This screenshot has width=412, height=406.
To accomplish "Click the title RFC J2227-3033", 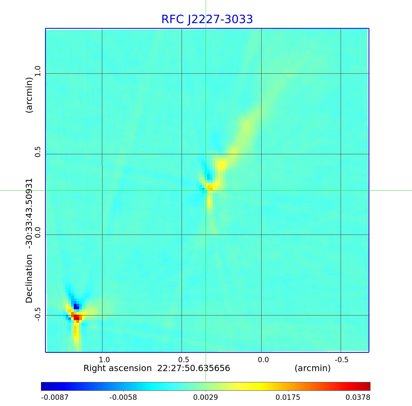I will tap(207, 19).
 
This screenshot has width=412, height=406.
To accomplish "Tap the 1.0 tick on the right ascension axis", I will tap(104, 360).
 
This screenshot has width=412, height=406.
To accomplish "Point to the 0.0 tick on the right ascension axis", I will tap(263, 360).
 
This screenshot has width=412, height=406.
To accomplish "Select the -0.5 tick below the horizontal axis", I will tap(341, 360).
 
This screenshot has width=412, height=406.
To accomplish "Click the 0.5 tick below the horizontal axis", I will tap(183, 360).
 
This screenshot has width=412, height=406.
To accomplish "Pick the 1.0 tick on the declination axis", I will tap(37, 71).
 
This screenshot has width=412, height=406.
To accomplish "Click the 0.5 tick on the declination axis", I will tap(37, 152).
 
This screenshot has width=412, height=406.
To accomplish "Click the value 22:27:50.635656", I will tap(193, 368).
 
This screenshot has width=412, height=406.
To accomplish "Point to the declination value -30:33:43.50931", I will tap(29, 212).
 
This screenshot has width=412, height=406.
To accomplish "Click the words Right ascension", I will tap(117, 368).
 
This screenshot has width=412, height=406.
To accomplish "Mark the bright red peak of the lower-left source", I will tap(77, 318).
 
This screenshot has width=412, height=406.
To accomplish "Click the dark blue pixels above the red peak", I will tap(76, 306).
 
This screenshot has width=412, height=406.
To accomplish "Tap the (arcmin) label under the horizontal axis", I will tap(312, 368).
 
